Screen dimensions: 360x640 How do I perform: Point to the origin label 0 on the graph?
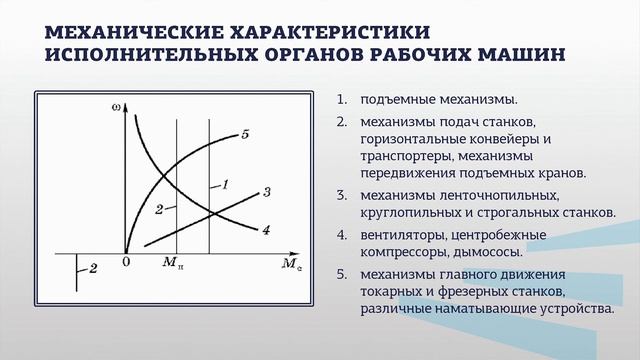click(x=127, y=261)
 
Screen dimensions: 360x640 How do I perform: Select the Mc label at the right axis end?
click(x=291, y=265)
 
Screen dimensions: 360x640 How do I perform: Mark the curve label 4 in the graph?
click(x=266, y=230)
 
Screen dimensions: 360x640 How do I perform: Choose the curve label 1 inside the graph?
click(x=226, y=185)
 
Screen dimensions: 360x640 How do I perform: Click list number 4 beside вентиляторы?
click(x=341, y=236)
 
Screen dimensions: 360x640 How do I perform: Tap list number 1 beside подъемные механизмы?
click(x=341, y=100)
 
